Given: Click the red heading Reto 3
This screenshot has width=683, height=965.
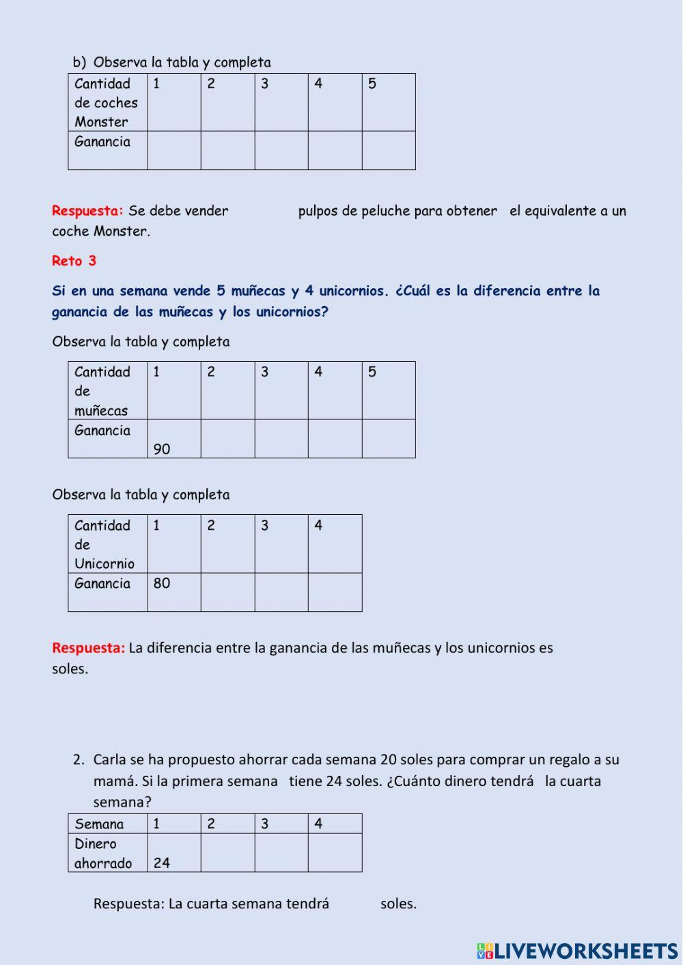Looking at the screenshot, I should point(74,261).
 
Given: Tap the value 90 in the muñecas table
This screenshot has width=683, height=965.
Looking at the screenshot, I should point(162,449).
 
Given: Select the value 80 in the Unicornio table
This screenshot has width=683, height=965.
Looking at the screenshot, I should point(162,583).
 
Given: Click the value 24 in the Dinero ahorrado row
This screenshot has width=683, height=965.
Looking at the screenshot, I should point(162,863).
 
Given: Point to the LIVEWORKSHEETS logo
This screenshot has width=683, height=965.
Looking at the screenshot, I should point(577,951).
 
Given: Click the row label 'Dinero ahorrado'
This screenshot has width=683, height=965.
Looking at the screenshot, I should point(103,853).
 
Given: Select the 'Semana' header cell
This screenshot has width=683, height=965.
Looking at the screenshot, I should point(100,824).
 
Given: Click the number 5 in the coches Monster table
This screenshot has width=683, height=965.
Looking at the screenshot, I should point(372,84).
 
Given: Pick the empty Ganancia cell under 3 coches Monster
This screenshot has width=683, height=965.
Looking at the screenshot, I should point(281,150).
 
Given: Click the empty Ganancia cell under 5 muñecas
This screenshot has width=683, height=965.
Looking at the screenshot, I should point(389,438).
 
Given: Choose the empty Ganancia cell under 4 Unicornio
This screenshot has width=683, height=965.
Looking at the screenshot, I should point(335,591).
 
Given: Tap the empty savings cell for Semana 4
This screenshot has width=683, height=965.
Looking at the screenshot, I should point(335,852).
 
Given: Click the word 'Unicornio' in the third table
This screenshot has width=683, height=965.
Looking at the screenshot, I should point(104,563).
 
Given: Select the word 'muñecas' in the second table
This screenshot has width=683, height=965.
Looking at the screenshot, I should point(101,410).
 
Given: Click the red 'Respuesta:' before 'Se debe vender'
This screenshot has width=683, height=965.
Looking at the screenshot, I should point(87,211).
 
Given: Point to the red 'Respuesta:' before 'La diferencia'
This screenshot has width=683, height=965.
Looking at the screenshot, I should point(88,647).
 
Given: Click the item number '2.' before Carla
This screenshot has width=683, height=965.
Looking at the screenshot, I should point(79,759).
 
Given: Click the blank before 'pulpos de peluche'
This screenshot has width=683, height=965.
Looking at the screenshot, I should point(263,211).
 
